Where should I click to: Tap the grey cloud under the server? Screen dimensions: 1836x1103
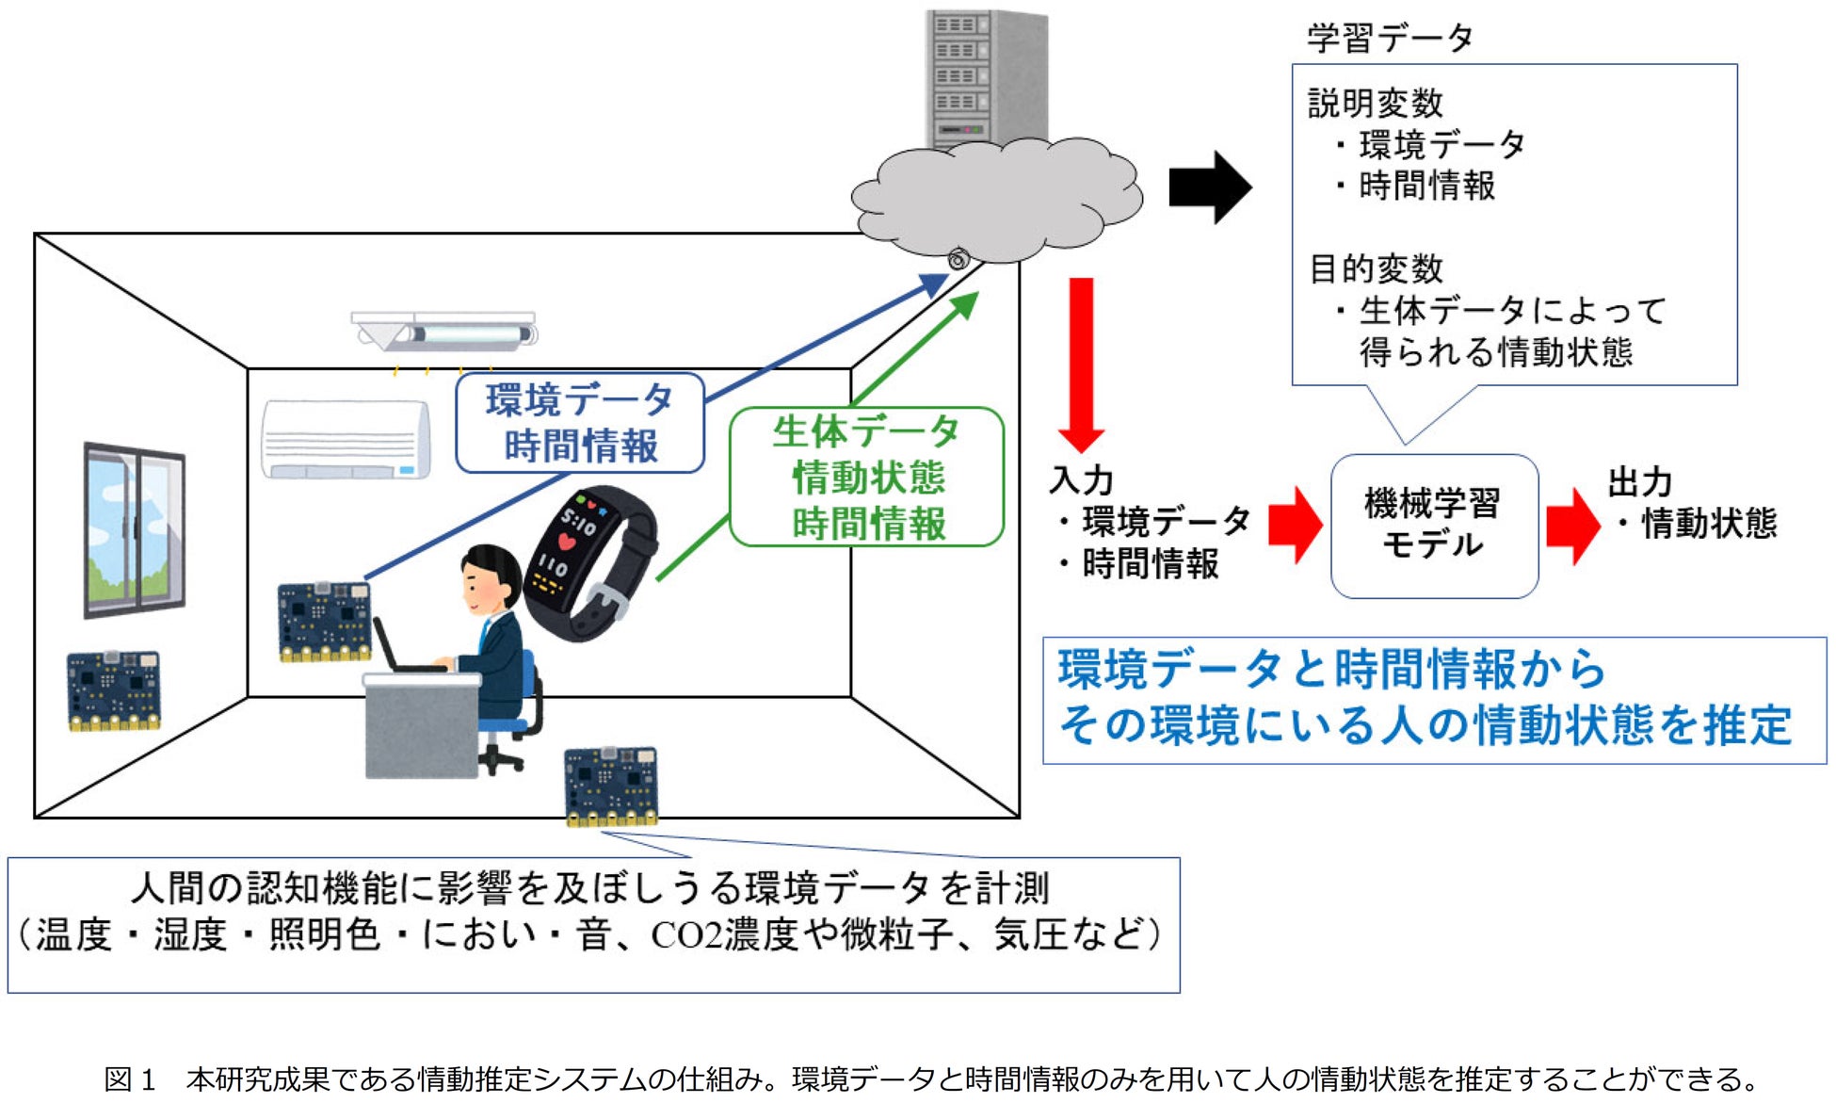click(x=997, y=199)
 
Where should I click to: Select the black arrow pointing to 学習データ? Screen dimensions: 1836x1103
click(x=1210, y=187)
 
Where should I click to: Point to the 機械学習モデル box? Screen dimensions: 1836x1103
click(x=1434, y=526)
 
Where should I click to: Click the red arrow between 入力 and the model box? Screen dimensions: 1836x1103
click(x=1295, y=525)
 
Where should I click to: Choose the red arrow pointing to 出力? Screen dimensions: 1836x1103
click(x=1572, y=526)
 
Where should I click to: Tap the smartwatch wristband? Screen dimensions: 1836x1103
click(x=590, y=562)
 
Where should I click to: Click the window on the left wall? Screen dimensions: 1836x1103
click(x=134, y=529)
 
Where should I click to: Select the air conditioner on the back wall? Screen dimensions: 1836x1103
click(x=346, y=440)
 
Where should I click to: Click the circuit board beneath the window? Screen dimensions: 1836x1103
click(x=113, y=690)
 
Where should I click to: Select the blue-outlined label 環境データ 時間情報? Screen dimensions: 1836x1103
click(x=580, y=423)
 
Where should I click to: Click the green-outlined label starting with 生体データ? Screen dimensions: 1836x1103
click(x=867, y=477)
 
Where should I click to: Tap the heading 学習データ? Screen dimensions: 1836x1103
click(x=1390, y=38)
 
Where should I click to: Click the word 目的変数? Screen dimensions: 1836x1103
click(x=1376, y=269)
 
